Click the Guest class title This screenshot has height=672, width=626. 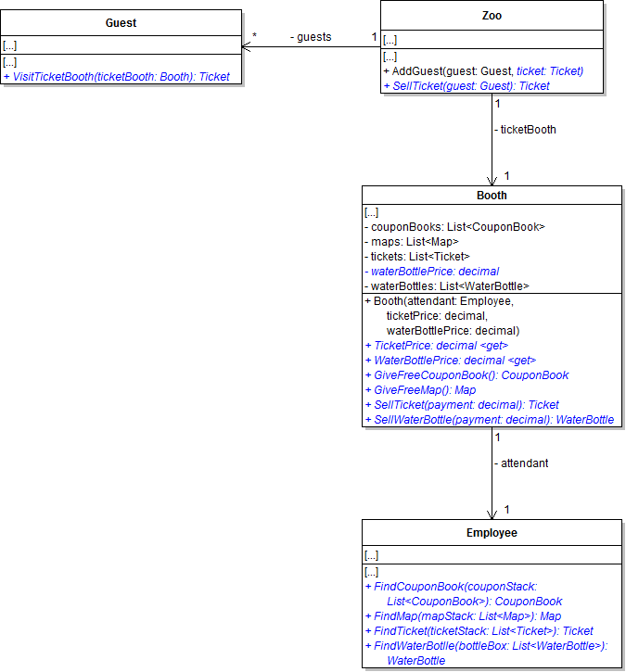[121, 22]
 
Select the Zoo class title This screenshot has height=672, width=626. [492, 15]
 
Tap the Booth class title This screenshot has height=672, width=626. [492, 196]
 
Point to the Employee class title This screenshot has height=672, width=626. [492, 533]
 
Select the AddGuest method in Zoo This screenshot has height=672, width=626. [483, 70]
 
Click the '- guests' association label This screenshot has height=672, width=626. [311, 37]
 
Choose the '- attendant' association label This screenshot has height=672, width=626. [521, 463]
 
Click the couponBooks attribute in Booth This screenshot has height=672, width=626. [454, 226]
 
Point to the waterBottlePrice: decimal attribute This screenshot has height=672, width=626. [432, 272]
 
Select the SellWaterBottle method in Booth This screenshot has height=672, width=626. [490, 420]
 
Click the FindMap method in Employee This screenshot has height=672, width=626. [463, 615]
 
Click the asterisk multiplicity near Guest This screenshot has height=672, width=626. [255, 38]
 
